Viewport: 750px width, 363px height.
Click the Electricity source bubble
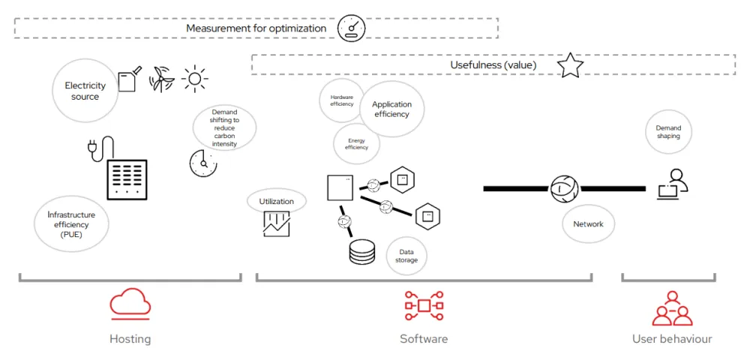click(x=85, y=91)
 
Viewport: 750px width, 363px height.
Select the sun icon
click(x=195, y=79)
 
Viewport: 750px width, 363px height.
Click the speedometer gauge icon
click(x=351, y=28)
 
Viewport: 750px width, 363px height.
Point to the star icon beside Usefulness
click(x=570, y=65)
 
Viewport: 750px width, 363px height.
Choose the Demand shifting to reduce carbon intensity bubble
click(x=224, y=128)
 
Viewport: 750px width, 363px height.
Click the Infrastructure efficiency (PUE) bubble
click(x=72, y=224)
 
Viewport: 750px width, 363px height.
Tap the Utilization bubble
click(x=276, y=201)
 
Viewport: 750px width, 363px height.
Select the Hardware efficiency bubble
click(x=341, y=101)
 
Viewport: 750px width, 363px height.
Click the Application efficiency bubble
click(x=391, y=109)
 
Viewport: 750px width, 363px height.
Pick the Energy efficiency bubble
click(x=356, y=144)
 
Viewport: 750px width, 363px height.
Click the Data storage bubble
click(x=406, y=256)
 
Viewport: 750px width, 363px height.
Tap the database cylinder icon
click(x=361, y=253)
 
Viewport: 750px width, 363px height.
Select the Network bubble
click(x=588, y=224)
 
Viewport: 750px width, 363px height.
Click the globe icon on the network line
click(x=563, y=188)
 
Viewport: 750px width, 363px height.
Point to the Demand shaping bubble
click(x=668, y=132)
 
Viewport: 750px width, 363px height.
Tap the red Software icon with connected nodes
click(x=424, y=305)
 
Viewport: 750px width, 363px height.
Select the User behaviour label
click(x=672, y=339)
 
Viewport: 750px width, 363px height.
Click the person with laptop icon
click(x=672, y=184)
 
